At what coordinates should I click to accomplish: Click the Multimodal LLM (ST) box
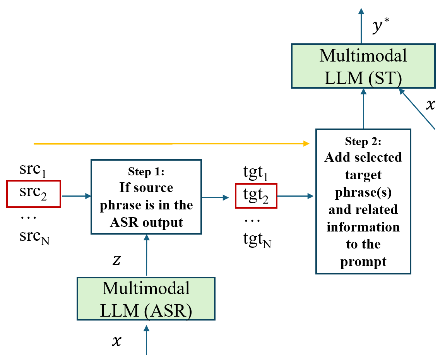click(363, 65)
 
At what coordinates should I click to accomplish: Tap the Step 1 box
click(146, 196)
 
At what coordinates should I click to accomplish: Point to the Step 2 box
click(363, 201)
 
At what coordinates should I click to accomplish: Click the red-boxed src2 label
click(34, 195)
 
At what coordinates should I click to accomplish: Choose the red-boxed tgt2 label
click(256, 197)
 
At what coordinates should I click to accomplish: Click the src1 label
click(33, 170)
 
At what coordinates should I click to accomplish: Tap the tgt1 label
click(256, 172)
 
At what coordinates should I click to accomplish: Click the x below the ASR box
click(116, 341)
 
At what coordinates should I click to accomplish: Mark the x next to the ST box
click(430, 105)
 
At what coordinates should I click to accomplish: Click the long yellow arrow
click(170, 144)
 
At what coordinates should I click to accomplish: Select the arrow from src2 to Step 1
click(76, 196)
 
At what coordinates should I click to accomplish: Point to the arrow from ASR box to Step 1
click(146, 255)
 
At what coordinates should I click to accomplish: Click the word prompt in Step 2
click(363, 262)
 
